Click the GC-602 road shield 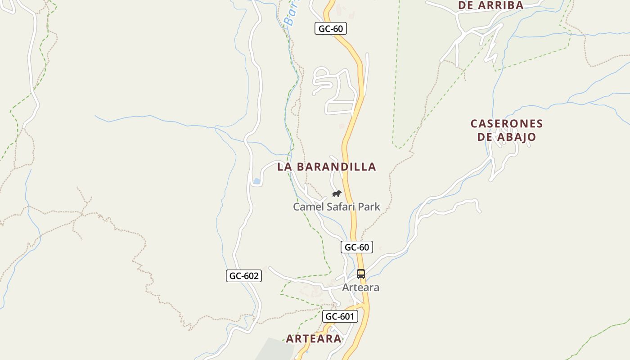click(243, 276)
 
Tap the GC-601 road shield click(340, 316)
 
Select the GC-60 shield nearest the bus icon click(356, 247)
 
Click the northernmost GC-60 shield click(330, 29)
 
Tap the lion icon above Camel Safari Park click(336, 194)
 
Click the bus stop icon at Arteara click(360, 274)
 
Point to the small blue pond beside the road click(256, 181)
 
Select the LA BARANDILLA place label click(326, 167)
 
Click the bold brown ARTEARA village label click(314, 339)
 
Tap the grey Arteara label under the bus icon click(360, 288)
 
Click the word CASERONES click(507, 124)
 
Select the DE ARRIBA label click(490, 5)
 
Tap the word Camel click(307, 207)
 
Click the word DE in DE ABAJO click(485, 137)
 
